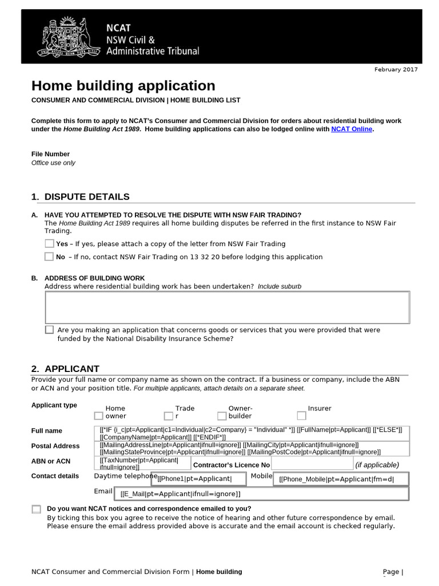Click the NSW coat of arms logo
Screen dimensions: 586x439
pos(63,37)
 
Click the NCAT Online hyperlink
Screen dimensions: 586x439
pos(352,129)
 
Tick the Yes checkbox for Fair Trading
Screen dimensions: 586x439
pos(49,244)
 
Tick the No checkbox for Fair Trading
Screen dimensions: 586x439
pos(49,256)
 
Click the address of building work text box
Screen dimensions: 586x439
pos(227,307)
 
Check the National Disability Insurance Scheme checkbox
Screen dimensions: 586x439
pos(49,330)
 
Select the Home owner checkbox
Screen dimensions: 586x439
pos(99,416)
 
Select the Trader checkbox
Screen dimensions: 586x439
pos(168,416)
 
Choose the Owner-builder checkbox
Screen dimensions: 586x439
pos(222,416)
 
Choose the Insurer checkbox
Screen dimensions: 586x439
pos(301,416)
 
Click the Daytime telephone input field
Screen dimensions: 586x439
pos(201,478)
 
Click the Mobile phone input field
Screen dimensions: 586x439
pos(342,478)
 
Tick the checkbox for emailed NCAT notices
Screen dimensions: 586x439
pos(37,509)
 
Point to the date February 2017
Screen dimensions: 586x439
pos(396,69)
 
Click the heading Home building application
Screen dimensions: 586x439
pos(123,86)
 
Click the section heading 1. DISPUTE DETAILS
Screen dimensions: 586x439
pos(81,197)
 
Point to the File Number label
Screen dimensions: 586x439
pos(50,154)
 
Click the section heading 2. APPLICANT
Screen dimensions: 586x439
pos(65,369)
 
